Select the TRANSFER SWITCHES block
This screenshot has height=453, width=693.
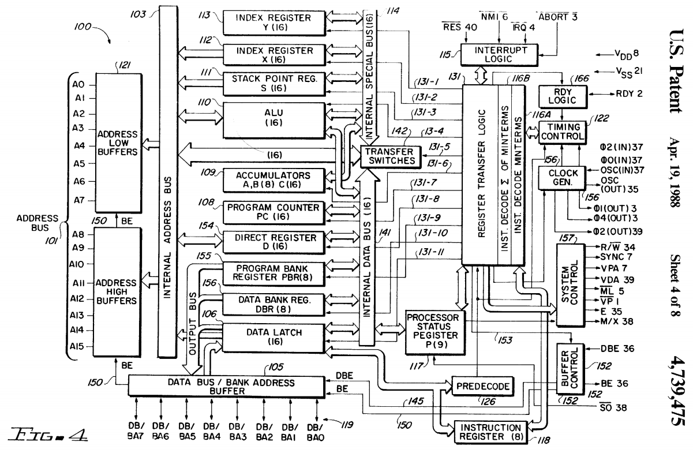pyautogui.click(x=389, y=156)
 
